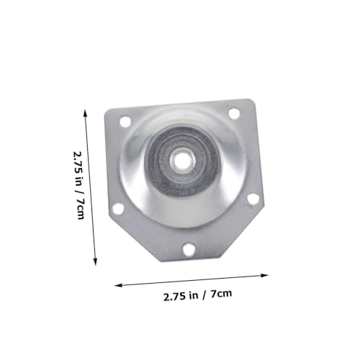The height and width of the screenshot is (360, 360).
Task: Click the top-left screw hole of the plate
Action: (x=125, y=122)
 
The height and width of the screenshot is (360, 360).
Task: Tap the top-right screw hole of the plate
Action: (x=234, y=113)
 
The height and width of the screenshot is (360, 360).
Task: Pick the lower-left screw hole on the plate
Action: (x=118, y=208)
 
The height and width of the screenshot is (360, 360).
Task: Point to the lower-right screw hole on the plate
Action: (x=253, y=198)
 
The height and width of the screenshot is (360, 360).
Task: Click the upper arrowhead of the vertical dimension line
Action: (x=85, y=112)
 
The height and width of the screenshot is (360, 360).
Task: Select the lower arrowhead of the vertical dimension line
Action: (x=95, y=262)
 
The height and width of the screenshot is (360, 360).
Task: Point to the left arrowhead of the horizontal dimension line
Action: (x=118, y=285)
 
